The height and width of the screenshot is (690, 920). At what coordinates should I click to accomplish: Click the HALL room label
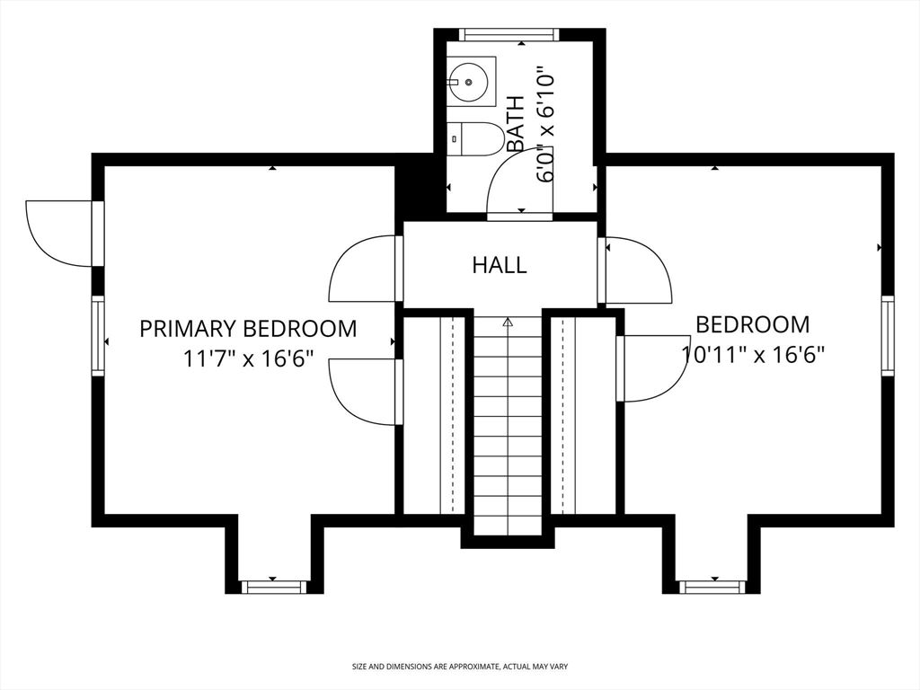pyautogui.click(x=500, y=265)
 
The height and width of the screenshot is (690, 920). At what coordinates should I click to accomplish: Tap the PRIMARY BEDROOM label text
pyautogui.click(x=248, y=329)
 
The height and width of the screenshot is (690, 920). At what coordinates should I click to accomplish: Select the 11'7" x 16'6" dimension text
pyautogui.click(x=248, y=359)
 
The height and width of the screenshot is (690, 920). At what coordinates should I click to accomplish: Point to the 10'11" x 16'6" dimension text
pyautogui.click(x=753, y=354)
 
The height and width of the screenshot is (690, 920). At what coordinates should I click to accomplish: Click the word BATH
pyautogui.click(x=516, y=123)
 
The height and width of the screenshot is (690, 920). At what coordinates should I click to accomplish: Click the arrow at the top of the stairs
pyautogui.click(x=508, y=321)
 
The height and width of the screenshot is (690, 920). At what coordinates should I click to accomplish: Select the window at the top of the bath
pyautogui.click(x=508, y=35)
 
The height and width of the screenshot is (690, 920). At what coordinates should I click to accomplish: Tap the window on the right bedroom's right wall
pyautogui.click(x=888, y=335)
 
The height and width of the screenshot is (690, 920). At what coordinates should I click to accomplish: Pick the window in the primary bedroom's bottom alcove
pyautogui.click(x=273, y=587)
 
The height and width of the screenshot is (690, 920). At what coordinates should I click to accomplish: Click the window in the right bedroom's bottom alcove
pyautogui.click(x=712, y=587)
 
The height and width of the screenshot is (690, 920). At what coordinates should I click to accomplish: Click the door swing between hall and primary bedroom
pyautogui.click(x=364, y=268)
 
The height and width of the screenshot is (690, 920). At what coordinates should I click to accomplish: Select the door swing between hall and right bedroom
pyautogui.click(x=639, y=270)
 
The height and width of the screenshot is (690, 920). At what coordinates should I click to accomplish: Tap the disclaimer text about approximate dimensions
pyautogui.click(x=459, y=667)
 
